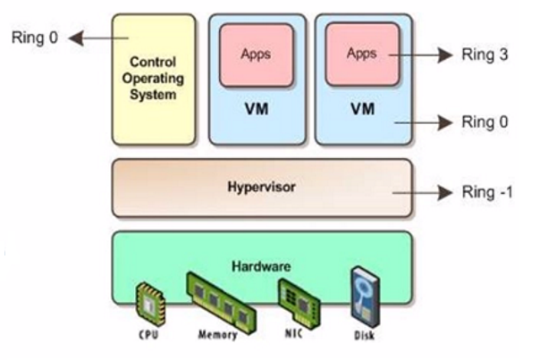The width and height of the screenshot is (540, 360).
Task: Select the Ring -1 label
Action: (486, 192)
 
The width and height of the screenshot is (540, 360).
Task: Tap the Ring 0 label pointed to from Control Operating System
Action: (32, 38)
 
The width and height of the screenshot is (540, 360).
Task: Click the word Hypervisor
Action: (262, 188)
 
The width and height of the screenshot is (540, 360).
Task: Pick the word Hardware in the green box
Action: (261, 266)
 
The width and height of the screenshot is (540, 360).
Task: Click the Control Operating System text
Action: (154, 79)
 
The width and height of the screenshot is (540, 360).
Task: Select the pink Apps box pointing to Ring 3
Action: (362, 54)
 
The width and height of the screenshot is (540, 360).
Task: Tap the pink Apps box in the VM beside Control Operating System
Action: (256, 54)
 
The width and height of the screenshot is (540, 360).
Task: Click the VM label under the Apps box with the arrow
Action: (362, 111)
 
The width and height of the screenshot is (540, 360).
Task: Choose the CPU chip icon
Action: (150, 304)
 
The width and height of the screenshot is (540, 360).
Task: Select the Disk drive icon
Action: (363, 298)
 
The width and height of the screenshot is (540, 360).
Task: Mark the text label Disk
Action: (365, 338)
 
